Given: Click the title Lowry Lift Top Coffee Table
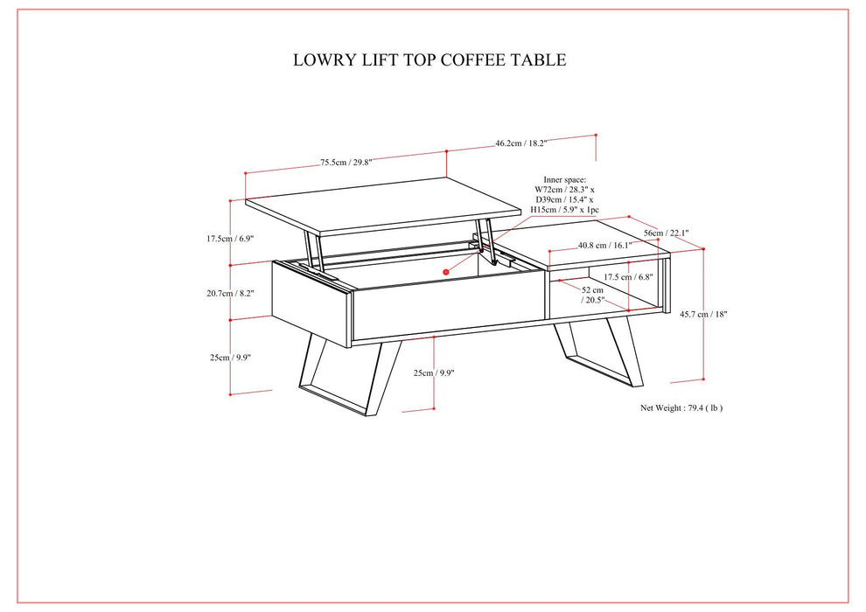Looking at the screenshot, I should coord(430,60).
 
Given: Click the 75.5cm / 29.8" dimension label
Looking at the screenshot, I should coord(346,162).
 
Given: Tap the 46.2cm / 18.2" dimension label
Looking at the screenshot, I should coord(520,143).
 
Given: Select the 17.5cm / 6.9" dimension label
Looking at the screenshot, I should coord(229,238).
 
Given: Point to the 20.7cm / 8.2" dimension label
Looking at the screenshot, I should coord(229,294).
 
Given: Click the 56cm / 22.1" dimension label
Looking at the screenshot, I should coord(667,233).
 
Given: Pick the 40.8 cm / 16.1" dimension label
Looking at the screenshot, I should coord(604,246).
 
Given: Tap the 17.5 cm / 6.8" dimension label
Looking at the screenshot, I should coord(604,277).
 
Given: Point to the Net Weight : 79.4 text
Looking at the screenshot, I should coord(681,407).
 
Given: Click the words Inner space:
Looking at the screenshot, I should coord(564,178).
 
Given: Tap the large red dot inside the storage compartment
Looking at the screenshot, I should coord(445,272).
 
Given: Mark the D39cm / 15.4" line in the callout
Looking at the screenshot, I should coord(564,199).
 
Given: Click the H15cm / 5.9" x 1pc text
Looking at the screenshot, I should coord(564,210).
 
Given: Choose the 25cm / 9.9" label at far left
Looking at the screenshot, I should coord(229,357).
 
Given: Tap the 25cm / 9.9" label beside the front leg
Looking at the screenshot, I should coord(434,373).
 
